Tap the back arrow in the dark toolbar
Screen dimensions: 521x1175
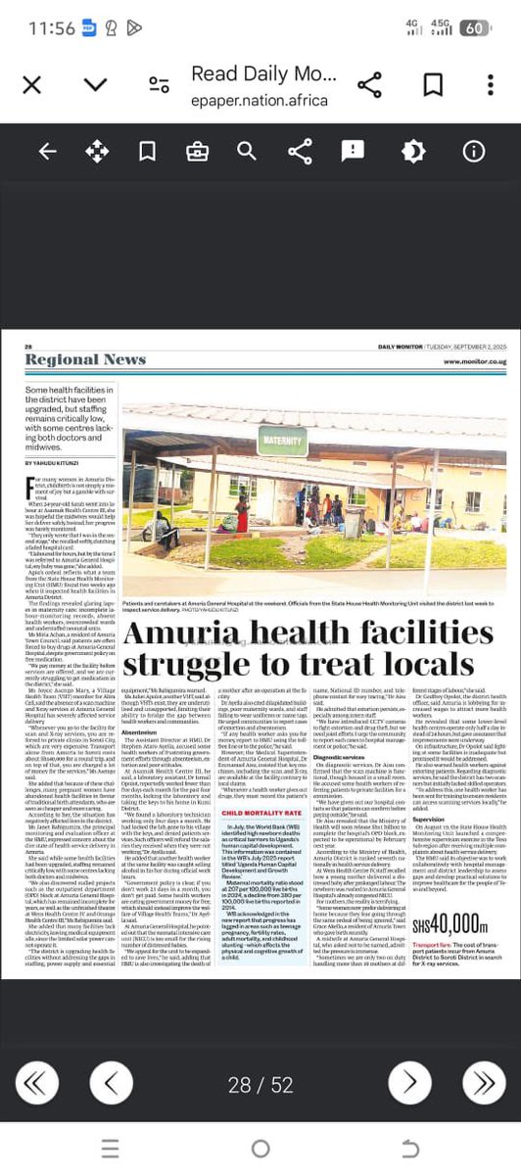46,151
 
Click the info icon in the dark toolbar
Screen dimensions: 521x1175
474,151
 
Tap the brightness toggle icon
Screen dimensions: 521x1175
413,151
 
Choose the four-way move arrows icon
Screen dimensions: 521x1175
97,151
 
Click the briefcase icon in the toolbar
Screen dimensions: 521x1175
197,151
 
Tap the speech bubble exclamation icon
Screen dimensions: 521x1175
353,151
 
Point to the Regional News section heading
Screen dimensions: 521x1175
85,360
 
